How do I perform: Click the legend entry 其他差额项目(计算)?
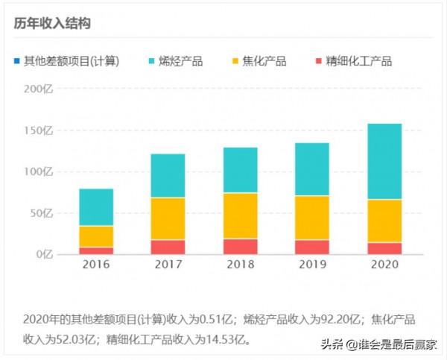tap(72, 61)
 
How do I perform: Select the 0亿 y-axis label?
tap(44, 255)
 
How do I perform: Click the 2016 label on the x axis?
tap(96, 265)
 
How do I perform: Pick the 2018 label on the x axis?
tap(240, 265)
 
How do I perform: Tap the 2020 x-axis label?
tap(384, 265)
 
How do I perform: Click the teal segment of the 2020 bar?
tap(384, 161)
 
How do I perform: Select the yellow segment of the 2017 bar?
tap(168, 218)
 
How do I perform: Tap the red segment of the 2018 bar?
tap(240, 247)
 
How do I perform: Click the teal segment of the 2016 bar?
tap(96, 207)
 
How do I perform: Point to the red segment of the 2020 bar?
tap(384, 248)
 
